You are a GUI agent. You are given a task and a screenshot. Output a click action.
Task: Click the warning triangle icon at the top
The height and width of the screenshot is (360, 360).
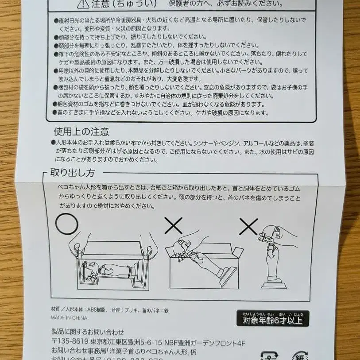point(83,4)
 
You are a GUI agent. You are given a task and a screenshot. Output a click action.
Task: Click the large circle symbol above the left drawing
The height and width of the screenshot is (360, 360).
point(66,224)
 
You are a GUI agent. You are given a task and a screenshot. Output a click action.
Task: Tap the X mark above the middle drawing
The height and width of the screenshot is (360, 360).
point(173,225)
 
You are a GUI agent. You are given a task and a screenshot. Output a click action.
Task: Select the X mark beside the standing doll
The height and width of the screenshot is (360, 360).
point(248,226)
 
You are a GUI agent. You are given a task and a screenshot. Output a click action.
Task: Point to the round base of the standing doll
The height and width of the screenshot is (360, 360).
point(274,284)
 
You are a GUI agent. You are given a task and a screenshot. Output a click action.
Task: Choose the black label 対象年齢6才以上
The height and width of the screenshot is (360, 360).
point(272,319)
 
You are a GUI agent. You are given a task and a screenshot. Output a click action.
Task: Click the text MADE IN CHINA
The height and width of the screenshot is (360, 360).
point(69,318)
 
